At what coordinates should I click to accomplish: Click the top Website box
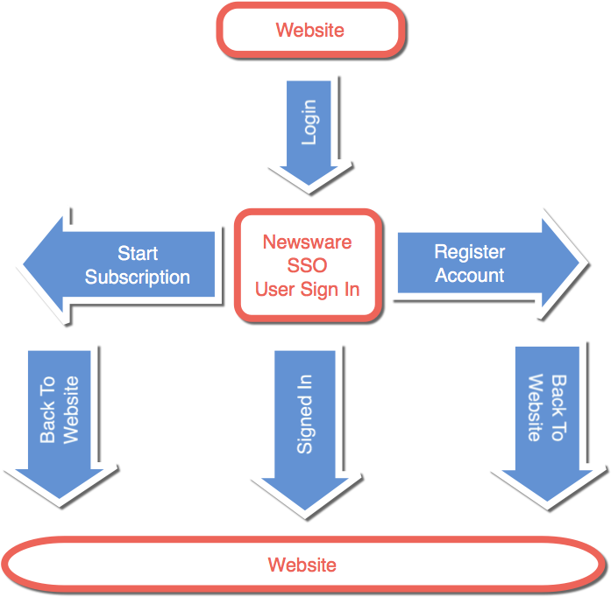click(x=309, y=30)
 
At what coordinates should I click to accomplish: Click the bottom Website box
click(x=302, y=565)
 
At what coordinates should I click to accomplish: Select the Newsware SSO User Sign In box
click(x=307, y=264)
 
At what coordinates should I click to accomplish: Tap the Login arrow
click(x=308, y=131)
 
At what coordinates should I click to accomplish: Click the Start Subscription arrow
click(x=123, y=264)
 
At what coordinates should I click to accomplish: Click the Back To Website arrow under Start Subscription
click(x=59, y=420)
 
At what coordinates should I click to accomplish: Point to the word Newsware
click(x=307, y=242)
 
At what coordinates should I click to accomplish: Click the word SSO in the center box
click(x=307, y=265)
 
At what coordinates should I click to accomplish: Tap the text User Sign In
click(x=307, y=289)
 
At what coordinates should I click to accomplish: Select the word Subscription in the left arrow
click(x=138, y=277)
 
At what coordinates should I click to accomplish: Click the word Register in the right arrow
click(x=470, y=252)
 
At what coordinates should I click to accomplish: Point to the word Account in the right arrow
click(x=470, y=276)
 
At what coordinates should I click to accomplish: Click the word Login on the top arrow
click(x=309, y=123)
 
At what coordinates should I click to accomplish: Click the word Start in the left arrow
click(x=138, y=254)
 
